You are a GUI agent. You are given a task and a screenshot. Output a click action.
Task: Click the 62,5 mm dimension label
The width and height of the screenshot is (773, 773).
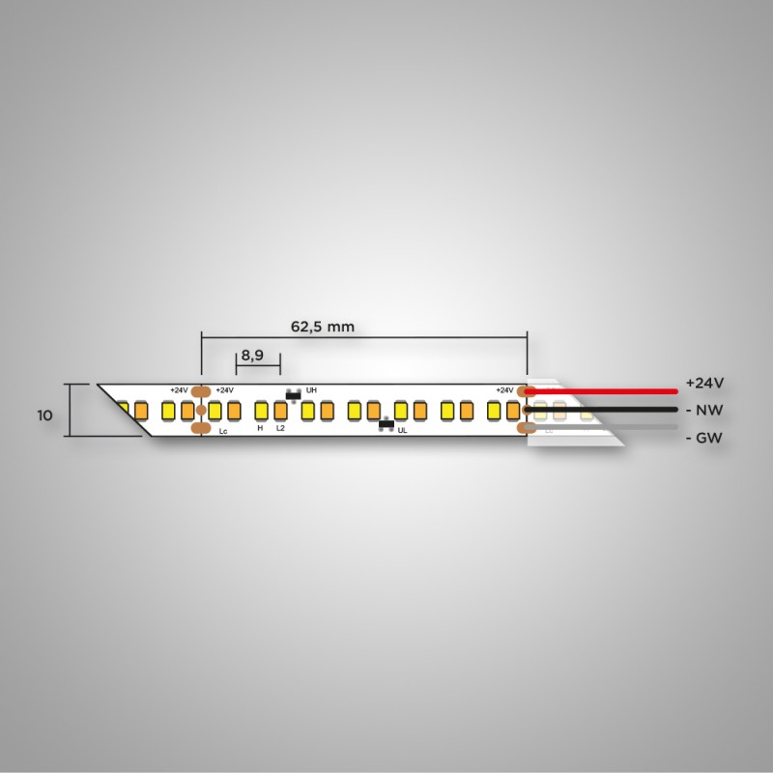coord(323,327)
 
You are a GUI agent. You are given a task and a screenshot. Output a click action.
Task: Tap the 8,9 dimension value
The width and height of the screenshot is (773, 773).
coord(252,356)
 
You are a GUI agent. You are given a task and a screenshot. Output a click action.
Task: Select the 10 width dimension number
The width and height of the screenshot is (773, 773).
coord(44,415)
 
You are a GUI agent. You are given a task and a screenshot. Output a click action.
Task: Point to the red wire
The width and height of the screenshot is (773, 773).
coord(601,391)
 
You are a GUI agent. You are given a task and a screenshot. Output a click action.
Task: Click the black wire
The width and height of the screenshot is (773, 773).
coord(601,410)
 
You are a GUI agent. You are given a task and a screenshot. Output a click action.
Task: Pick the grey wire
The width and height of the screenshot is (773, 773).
coord(601,427)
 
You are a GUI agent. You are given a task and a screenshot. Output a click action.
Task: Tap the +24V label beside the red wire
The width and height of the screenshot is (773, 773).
coord(705,383)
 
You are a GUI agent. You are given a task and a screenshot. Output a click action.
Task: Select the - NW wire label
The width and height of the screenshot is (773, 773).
coord(704,410)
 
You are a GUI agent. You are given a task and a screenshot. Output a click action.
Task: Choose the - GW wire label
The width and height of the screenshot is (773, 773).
coord(704,438)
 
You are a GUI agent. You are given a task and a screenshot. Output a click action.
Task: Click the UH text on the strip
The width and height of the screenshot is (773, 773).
coord(311,390)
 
